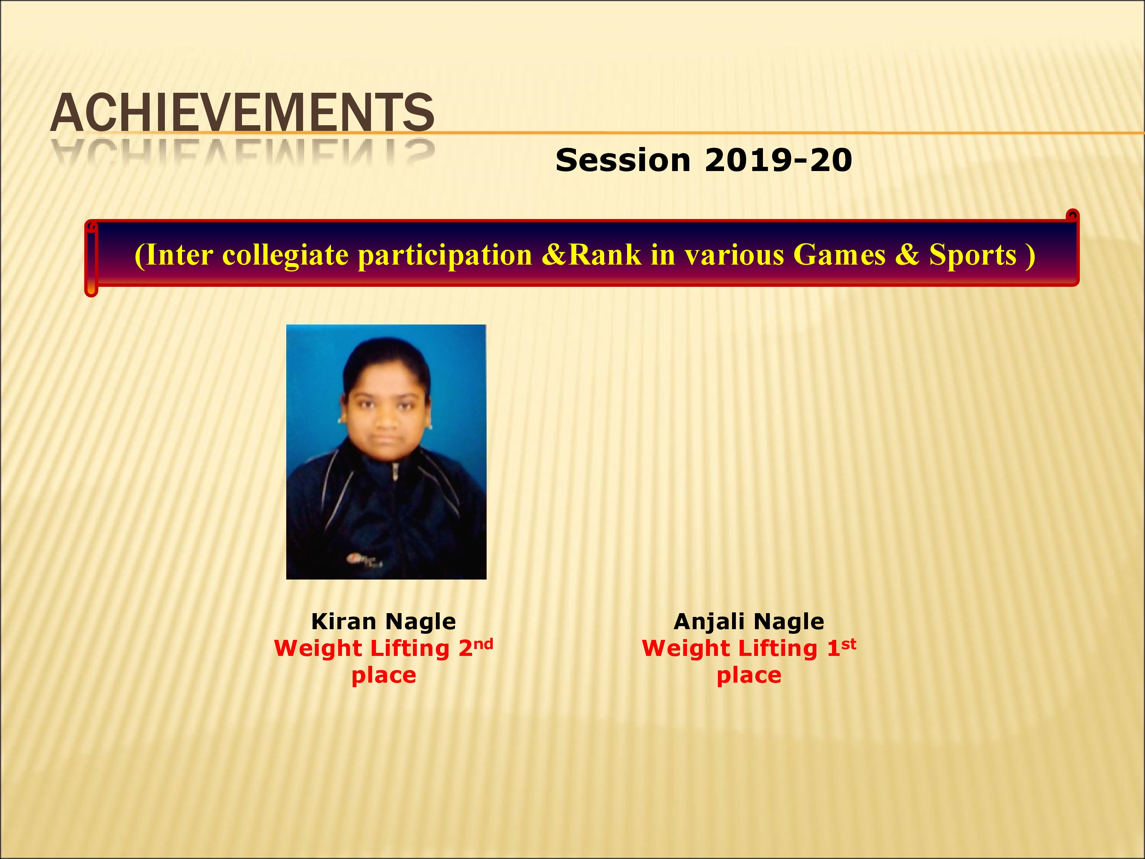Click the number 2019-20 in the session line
[779, 160]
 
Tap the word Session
[623, 160]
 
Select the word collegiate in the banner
[285, 256]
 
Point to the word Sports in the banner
[972, 256]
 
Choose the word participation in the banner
[445, 256]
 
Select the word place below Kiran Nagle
[384, 676]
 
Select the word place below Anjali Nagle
[749, 676]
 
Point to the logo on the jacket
[364, 560]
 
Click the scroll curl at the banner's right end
[1072, 216]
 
